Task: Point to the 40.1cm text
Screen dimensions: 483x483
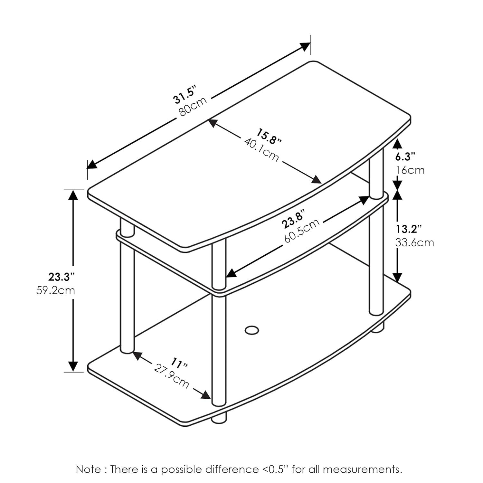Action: click(261, 150)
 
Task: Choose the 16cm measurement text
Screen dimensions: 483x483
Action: click(410, 170)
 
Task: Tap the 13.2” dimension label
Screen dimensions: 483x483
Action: click(409, 229)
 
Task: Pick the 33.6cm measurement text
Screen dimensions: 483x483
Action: click(415, 242)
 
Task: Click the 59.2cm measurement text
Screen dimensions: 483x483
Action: click(56, 290)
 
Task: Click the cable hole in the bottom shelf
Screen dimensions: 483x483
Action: click(251, 330)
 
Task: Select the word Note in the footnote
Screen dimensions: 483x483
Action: click(88, 469)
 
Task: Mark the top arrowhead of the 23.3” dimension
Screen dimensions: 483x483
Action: click(73, 195)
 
